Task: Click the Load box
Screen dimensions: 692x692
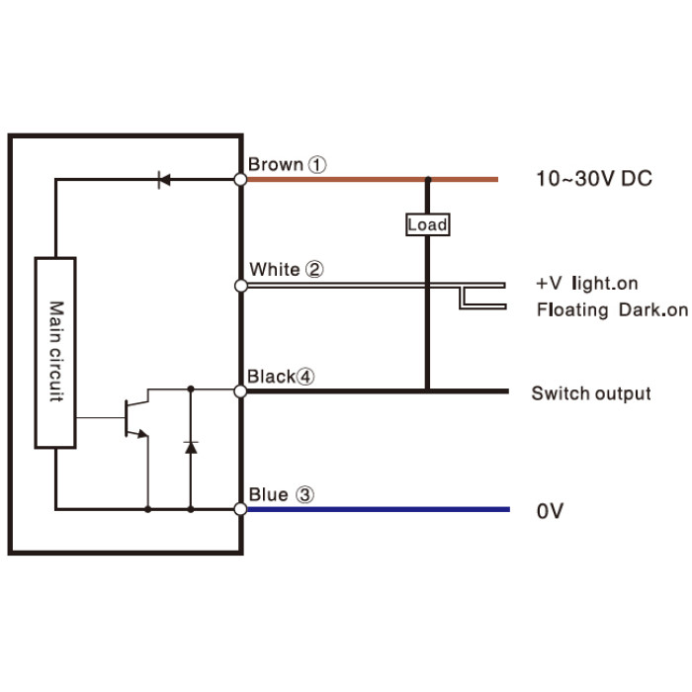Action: (428, 224)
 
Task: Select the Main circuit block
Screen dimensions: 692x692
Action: (55, 353)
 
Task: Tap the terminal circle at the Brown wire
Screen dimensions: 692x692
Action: (240, 180)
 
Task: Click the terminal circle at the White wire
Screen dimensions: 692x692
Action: (241, 286)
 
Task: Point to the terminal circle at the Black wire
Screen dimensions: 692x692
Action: (240, 391)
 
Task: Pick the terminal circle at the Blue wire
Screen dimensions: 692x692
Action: (240, 509)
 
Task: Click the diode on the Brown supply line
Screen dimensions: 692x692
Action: (164, 180)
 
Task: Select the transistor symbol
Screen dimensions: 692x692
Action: (136, 418)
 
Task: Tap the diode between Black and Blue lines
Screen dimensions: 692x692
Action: (191, 448)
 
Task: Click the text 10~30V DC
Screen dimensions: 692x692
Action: (594, 179)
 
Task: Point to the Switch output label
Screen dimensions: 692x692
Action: (591, 393)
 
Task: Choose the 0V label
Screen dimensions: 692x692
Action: (550, 511)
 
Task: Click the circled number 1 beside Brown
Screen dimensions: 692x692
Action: (317, 165)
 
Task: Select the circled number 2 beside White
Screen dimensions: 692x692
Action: (314, 269)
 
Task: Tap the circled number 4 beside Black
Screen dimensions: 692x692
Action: (304, 377)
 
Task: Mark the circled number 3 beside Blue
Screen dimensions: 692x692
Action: (304, 494)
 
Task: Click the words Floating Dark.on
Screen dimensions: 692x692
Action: (612, 309)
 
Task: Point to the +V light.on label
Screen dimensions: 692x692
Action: (587, 284)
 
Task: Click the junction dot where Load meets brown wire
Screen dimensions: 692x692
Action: (428, 179)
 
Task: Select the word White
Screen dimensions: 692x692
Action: (275, 269)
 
